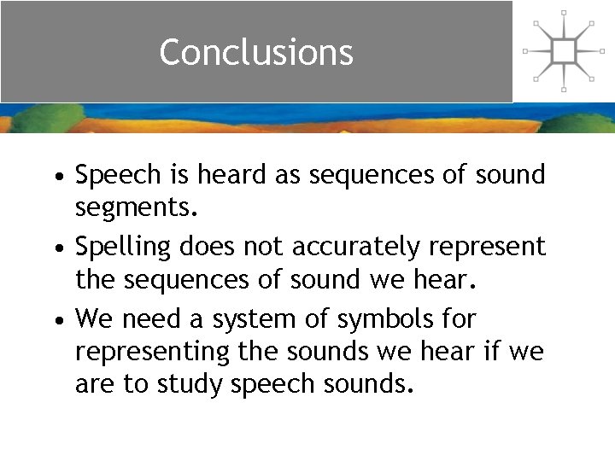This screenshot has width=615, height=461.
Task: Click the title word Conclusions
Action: coord(255,52)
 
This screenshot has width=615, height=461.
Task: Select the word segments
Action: coord(137,207)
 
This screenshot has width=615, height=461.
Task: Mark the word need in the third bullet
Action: coord(148,319)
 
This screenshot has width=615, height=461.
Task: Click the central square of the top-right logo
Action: coord(563,51)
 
